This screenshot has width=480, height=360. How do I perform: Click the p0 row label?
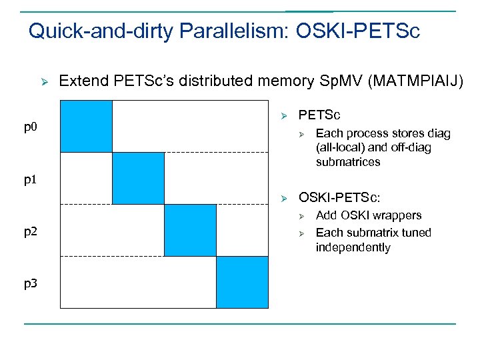(31, 127)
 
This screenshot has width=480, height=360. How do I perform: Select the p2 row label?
(31, 232)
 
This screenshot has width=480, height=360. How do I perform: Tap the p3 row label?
(31, 283)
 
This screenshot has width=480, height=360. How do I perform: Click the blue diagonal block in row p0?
(86, 126)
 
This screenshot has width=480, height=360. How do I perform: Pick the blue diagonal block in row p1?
(138, 178)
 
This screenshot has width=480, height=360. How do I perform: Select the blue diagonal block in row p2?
(190, 230)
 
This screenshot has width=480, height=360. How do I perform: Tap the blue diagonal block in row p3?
(242, 282)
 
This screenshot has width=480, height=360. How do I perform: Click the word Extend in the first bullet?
(82, 81)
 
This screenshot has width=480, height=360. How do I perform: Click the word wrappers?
(397, 215)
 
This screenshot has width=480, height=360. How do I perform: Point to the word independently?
(353, 247)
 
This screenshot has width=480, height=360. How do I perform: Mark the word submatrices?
(348, 162)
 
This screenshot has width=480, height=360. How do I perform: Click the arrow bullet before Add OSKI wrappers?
(301, 215)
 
